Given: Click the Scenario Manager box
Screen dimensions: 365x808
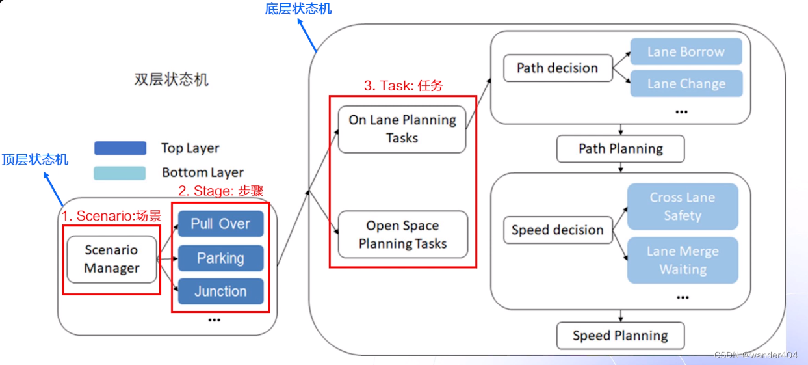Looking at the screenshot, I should coord(112,259).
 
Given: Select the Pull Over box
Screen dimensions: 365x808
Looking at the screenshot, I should coord(220,224).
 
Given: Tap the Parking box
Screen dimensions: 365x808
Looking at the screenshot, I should coord(220,258).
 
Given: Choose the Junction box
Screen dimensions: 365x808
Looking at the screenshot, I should coord(220,291).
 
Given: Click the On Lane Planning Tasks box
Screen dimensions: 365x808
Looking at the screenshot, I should coord(402,129).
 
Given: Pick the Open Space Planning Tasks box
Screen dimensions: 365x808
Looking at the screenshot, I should coord(402,234).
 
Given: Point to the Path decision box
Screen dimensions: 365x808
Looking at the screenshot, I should coord(557,68).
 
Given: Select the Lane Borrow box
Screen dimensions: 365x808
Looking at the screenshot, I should coord(686,52).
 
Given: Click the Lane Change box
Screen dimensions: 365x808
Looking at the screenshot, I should coord(686,84).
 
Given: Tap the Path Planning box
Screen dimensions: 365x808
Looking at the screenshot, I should coord(620,149).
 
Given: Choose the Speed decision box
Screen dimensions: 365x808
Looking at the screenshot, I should coord(557,230).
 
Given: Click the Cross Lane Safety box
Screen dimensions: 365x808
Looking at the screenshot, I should coord(683,206).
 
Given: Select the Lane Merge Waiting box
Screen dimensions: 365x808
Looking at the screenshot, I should coord(683,260).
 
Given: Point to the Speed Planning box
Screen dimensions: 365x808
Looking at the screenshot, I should coord(620,336).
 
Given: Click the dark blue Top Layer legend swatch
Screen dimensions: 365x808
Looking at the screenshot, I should coord(120,148).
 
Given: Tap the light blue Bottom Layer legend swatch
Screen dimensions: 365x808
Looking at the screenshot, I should coord(120,173).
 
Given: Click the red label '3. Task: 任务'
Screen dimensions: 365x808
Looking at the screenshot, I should coord(403,86).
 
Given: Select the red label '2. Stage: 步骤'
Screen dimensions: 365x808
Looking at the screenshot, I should coord(220,191).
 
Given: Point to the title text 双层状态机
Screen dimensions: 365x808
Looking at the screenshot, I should coord(172,80).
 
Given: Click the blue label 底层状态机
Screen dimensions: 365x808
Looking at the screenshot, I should coord(298,8).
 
